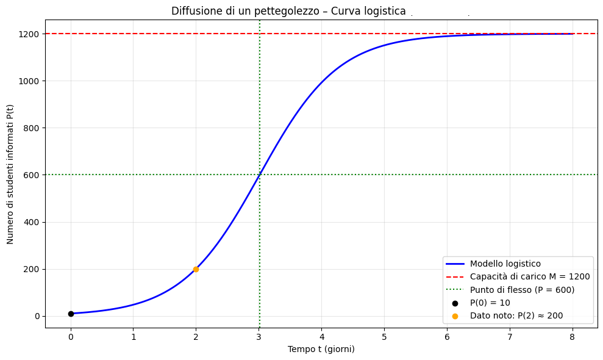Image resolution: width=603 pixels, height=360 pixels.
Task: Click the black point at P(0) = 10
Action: [x=71, y=314]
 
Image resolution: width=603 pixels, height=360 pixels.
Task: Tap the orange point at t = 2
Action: [x=196, y=269]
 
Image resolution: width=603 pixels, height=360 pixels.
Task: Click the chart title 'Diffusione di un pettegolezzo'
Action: [x=288, y=11]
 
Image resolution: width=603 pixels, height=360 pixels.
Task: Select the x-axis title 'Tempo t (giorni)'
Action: [x=321, y=350]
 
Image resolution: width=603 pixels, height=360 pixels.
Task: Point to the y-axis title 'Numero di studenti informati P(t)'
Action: [x=10, y=174]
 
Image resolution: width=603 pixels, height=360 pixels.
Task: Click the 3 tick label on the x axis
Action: [x=259, y=336]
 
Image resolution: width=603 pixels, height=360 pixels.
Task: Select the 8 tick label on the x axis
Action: [x=572, y=336]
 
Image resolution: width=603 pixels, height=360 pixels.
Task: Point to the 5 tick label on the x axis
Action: [x=384, y=336]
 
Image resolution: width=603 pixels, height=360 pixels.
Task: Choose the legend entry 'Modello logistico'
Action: [x=505, y=264]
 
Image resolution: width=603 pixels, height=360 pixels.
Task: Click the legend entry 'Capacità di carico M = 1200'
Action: [x=529, y=276]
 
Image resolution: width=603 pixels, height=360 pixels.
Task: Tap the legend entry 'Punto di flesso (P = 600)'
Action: [x=522, y=290]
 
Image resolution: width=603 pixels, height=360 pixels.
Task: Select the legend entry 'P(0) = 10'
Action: [x=490, y=303]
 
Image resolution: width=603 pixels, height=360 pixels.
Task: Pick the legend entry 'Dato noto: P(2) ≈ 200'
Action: [x=516, y=316]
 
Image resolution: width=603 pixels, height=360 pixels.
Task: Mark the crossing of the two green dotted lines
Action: [x=260, y=175]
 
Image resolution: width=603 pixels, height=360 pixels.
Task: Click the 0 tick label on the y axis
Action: [x=37, y=316]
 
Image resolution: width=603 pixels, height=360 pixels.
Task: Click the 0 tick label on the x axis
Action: [x=71, y=336]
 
